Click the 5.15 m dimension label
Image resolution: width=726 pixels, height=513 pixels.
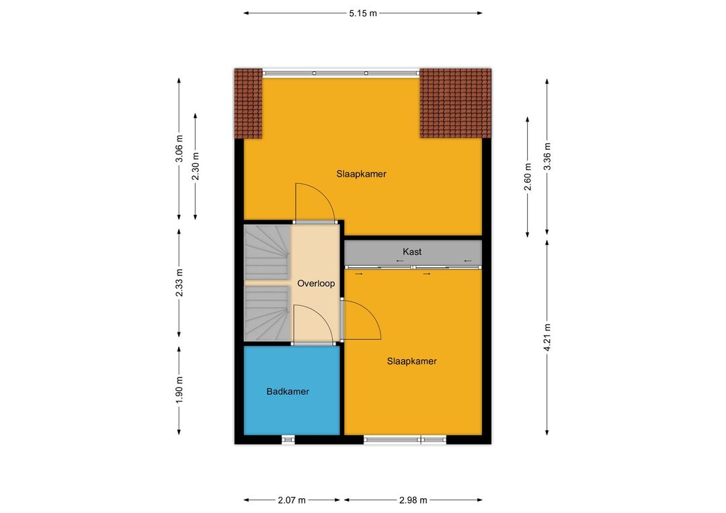[x=363, y=13]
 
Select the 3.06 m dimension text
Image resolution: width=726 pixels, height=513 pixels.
[x=179, y=149]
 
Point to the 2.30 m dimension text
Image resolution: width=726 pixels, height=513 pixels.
[x=196, y=167]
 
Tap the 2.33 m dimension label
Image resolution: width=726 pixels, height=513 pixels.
[x=179, y=283]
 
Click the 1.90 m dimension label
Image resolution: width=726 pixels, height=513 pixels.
[x=179, y=389]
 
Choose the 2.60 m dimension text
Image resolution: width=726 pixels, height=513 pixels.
[x=528, y=177]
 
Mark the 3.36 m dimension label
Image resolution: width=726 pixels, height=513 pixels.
[x=547, y=156]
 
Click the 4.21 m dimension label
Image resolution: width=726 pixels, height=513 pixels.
[x=547, y=338]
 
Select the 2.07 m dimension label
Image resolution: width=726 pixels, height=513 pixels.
[x=292, y=500]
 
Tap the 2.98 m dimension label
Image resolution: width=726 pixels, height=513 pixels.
[x=413, y=500]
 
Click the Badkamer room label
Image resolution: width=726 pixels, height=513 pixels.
[x=288, y=392]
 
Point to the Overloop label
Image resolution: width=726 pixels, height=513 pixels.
[x=316, y=283]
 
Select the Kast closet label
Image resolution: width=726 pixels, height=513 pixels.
[x=412, y=252]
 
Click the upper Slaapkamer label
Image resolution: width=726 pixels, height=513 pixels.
[x=361, y=175]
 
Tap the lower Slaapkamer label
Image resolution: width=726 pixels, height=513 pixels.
[x=411, y=361]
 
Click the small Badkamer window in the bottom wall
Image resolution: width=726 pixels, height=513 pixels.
[x=288, y=440]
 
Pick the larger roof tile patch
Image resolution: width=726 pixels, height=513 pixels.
[x=456, y=103]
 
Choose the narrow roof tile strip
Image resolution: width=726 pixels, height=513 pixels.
[x=248, y=103]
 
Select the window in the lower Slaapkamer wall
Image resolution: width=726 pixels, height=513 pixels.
[x=405, y=440]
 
